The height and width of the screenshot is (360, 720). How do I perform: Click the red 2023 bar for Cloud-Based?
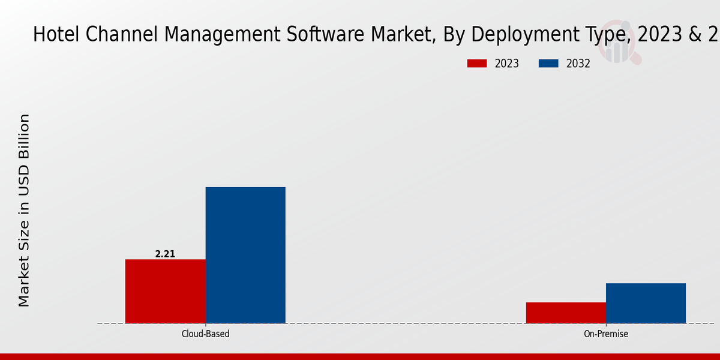click(165, 291)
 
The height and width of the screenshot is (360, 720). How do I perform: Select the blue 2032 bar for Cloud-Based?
click(245, 255)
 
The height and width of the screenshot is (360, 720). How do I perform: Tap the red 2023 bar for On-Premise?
click(566, 313)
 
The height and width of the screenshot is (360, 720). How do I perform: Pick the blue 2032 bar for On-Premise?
click(646, 303)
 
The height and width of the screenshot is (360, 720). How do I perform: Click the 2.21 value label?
click(165, 254)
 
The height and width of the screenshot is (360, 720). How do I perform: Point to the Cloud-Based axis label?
click(205, 334)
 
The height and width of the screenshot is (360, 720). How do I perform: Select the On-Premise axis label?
click(606, 334)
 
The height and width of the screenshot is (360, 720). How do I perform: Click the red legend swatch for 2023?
click(477, 64)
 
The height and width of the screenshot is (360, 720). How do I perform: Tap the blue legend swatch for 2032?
click(549, 64)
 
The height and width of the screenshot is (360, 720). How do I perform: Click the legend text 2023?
click(507, 64)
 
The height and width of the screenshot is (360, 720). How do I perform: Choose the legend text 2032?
click(578, 64)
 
